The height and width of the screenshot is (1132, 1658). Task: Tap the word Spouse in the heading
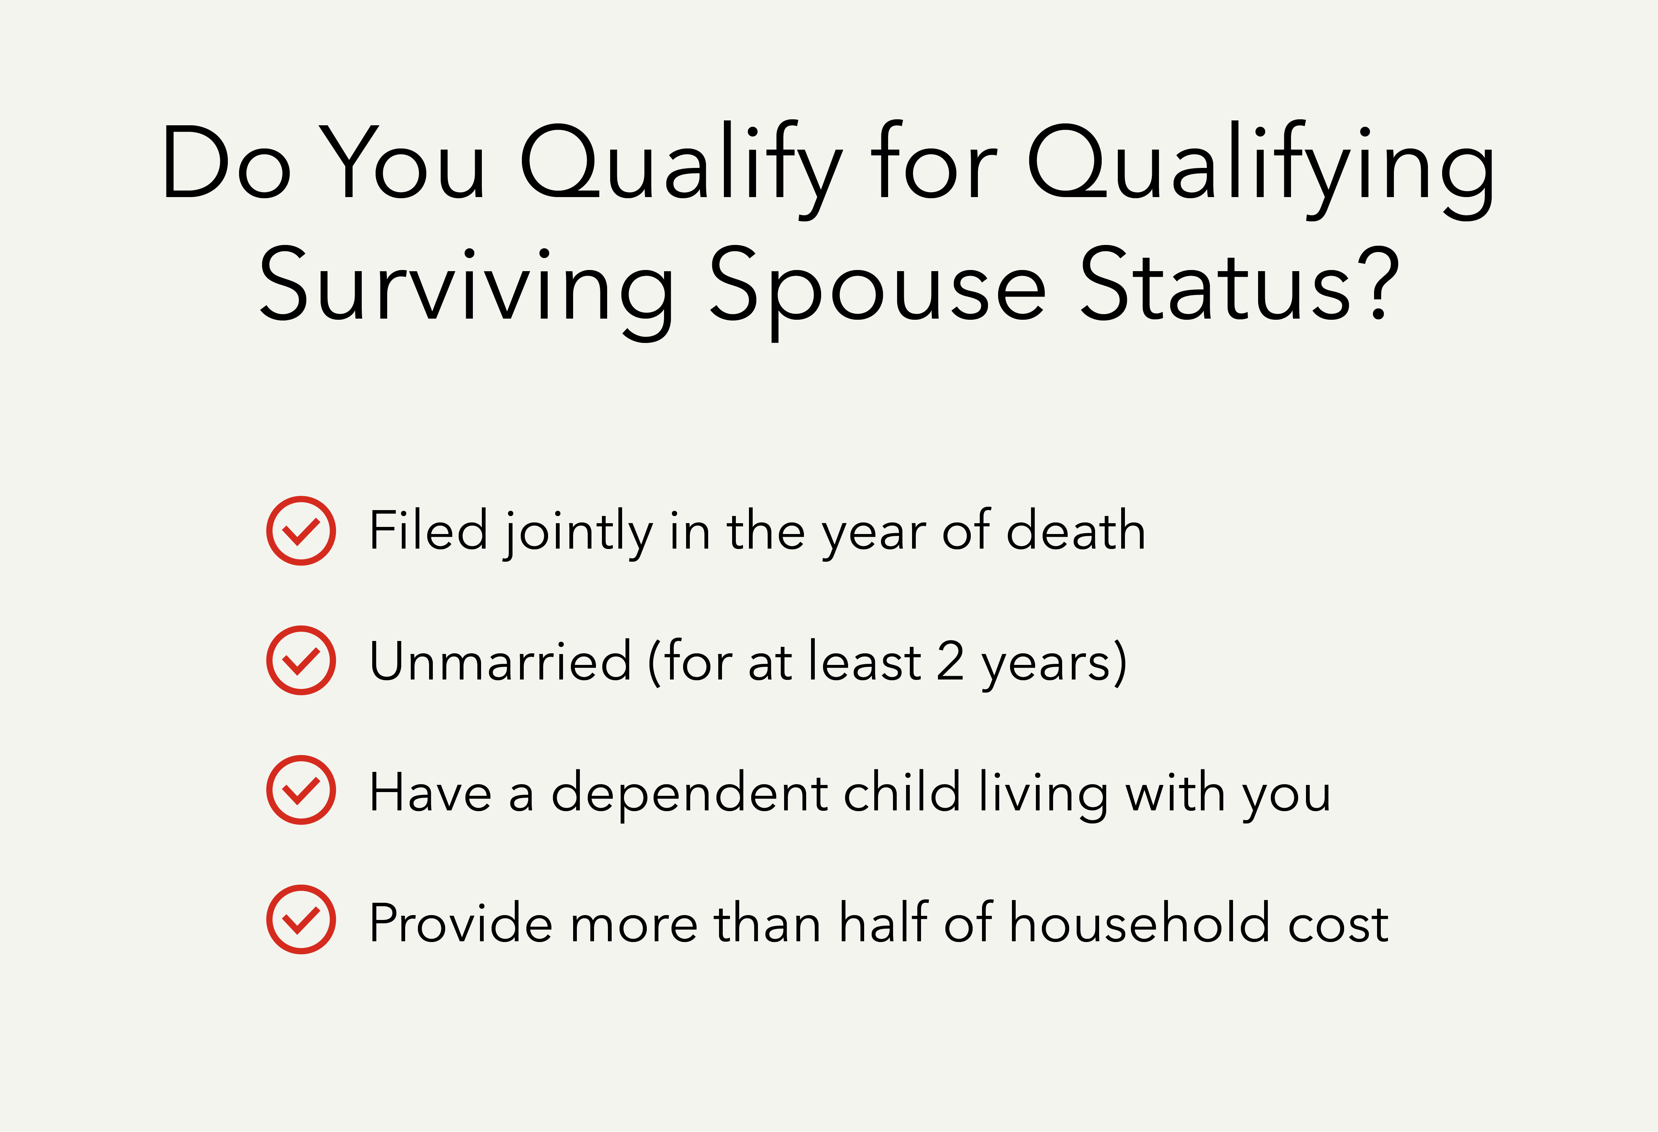(x=878, y=289)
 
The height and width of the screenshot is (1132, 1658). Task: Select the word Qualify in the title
(x=681, y=168)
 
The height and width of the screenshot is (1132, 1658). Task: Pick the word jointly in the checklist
(x=578, y=534)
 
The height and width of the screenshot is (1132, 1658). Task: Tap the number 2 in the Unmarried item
(x=950, y=661)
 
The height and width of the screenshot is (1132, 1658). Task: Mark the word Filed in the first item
(x=428, y=531)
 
